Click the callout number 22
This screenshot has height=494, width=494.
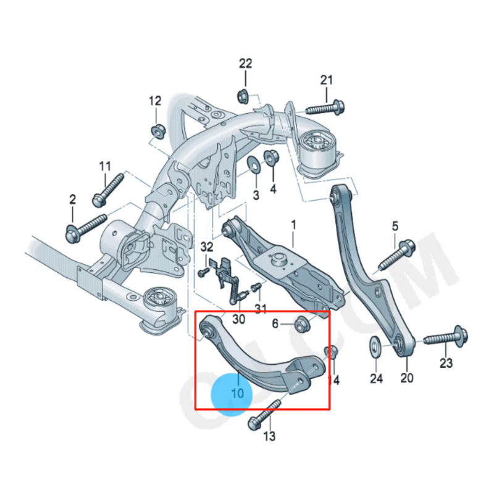click(x=246, y=63)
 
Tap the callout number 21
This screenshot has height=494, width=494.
click(x=326, y=80)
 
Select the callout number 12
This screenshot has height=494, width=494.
click(x=154, y=101)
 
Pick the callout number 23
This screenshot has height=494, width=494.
click(x=446, y=362)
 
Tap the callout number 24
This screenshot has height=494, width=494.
click(x=377, y=378)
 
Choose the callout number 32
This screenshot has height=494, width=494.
click(x=206, y=247)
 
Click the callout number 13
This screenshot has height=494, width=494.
click(x=269, y=437)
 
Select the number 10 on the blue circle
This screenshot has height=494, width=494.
click(x=237, y=393)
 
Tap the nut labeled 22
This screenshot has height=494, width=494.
click(x=243, y=95)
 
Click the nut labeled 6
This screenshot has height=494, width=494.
click(x=302, y=323)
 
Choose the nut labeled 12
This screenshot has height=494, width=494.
click(x=156, y=130)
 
